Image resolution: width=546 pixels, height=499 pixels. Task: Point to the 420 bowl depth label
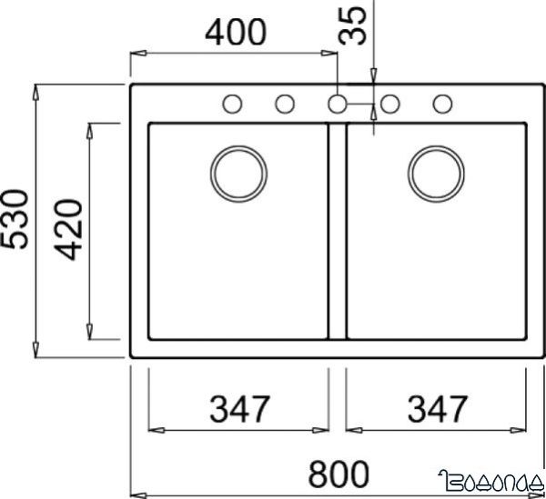(68, 229)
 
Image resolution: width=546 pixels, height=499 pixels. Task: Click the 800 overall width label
(338, 473)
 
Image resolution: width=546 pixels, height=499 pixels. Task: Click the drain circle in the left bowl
(239, 171)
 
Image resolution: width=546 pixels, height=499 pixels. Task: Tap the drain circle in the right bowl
(436, 171)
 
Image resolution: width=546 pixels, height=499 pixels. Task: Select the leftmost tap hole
(232, 104)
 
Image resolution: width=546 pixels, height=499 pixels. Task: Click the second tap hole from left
(285, 104)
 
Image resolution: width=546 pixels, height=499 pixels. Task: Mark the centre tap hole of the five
(338, 104)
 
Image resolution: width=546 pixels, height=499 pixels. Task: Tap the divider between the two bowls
(338, 232)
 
